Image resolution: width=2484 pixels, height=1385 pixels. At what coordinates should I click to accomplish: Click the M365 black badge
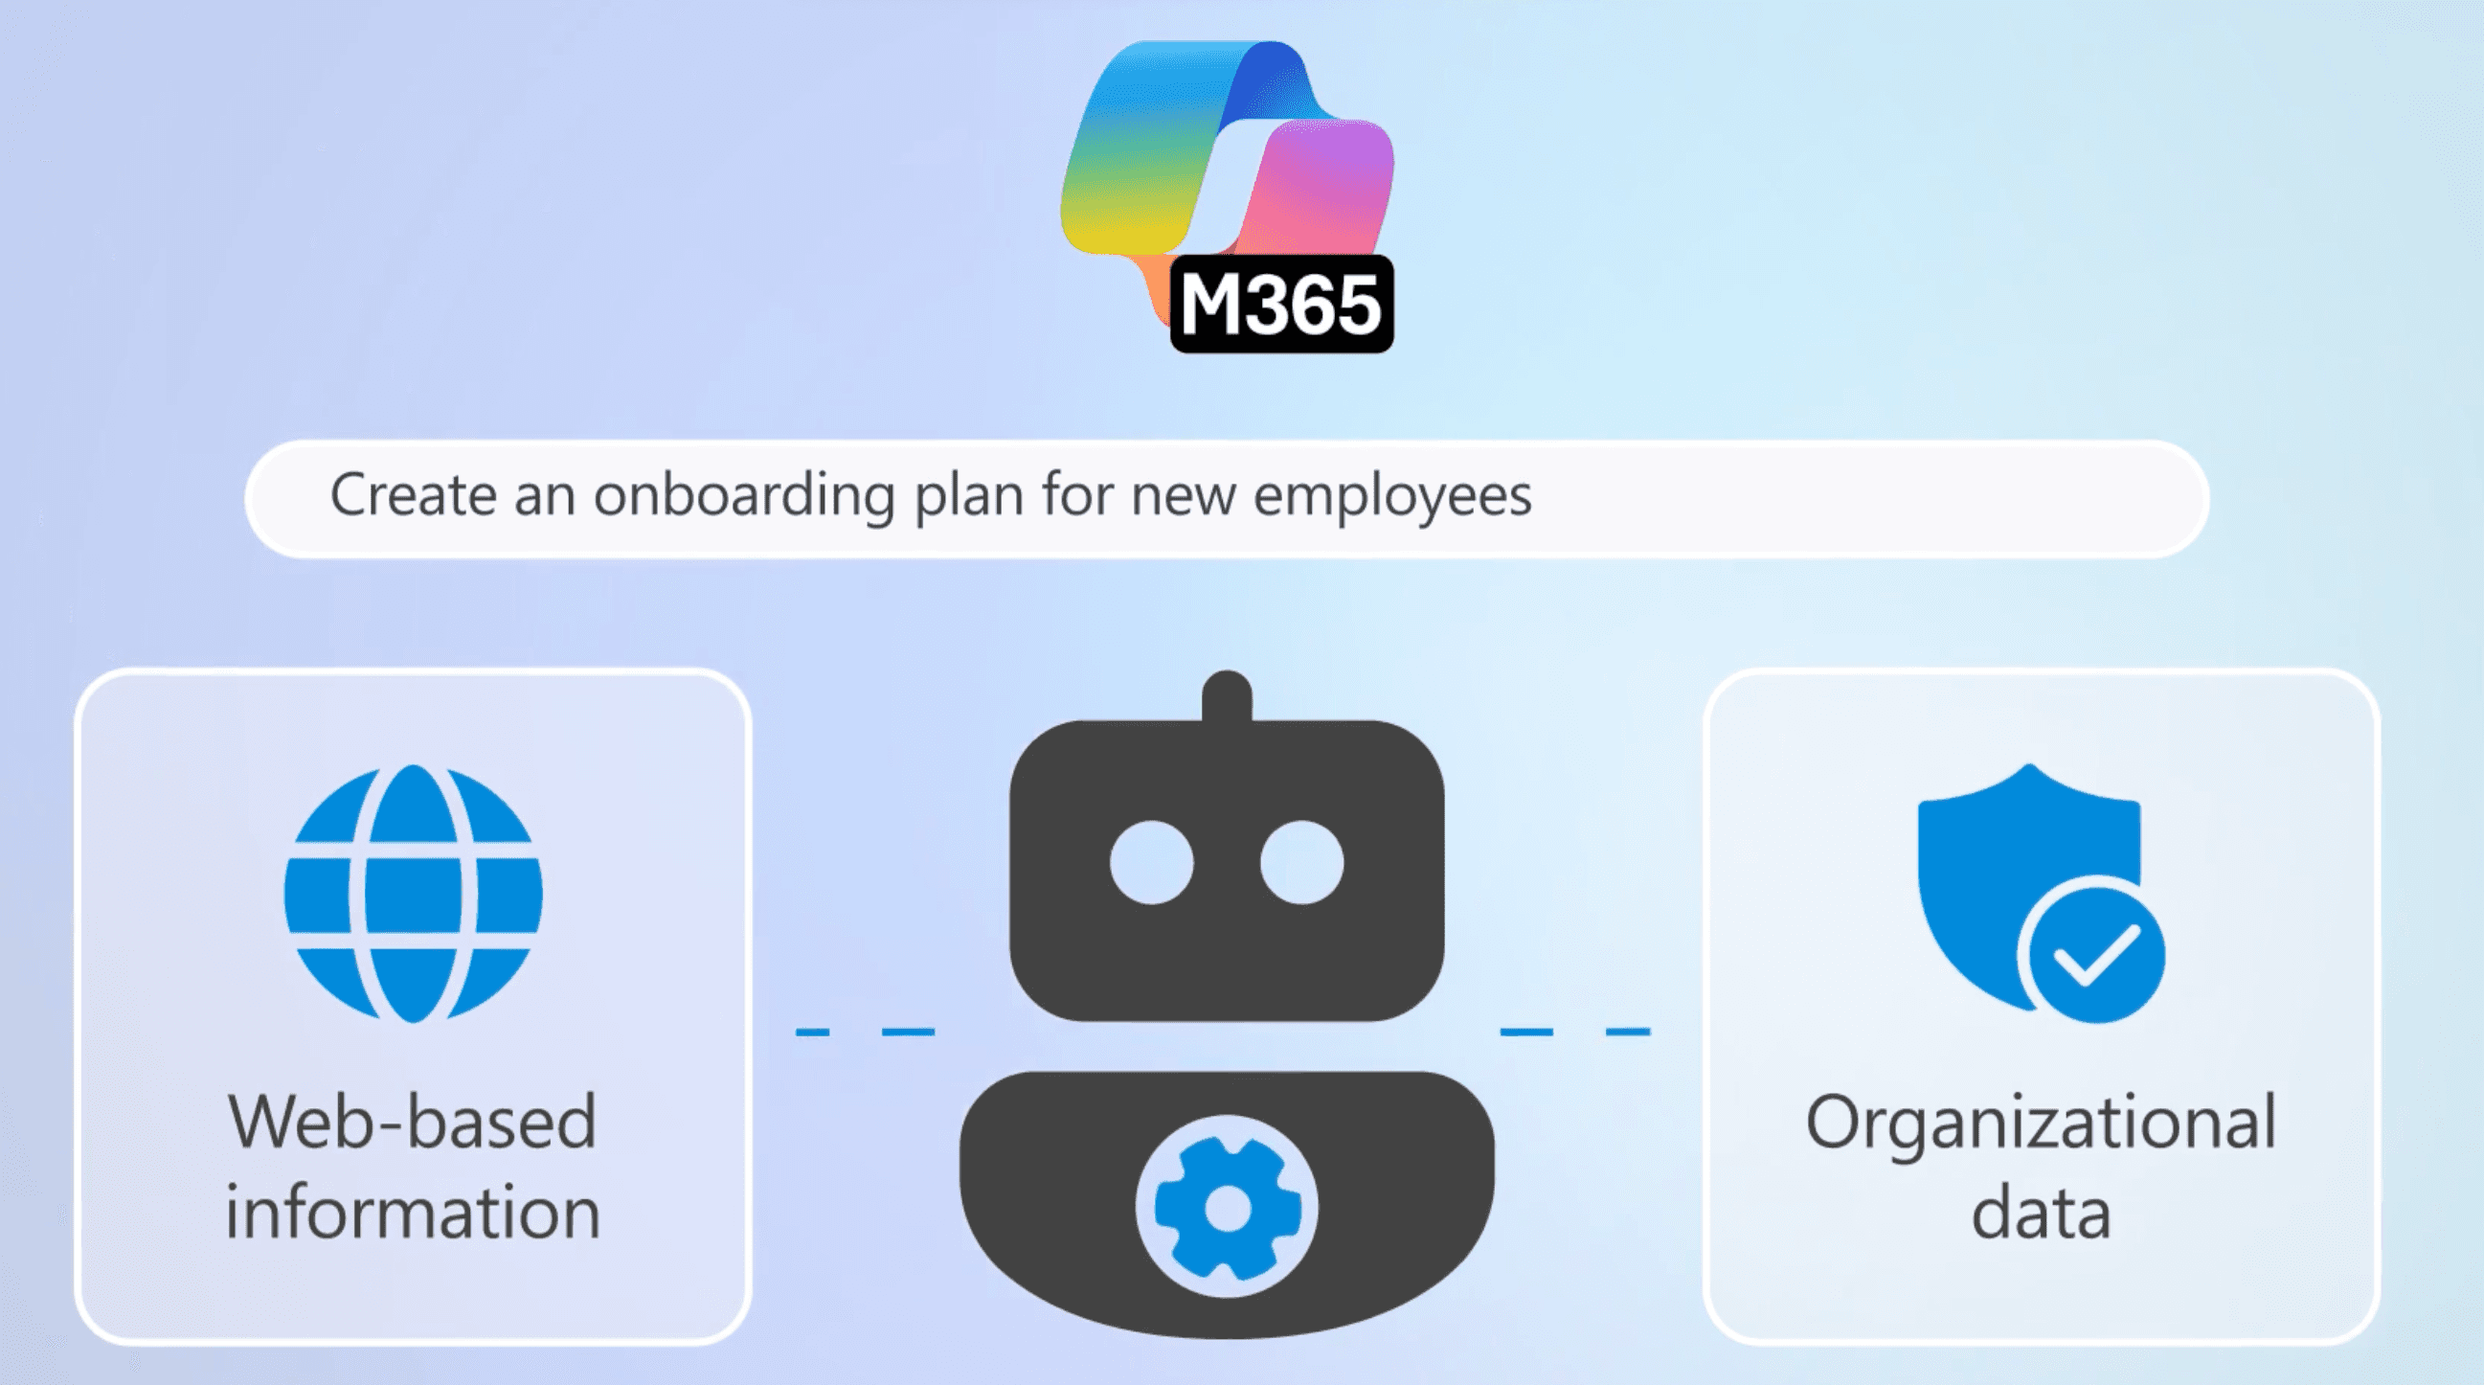(x=1280, y=305)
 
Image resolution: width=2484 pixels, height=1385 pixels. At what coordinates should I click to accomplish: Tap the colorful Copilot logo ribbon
(x=1147, y=164)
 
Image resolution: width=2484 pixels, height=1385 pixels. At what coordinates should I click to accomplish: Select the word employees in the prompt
(x=1391, y=497)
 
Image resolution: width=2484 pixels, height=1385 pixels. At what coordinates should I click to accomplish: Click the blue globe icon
(x=413, y=893)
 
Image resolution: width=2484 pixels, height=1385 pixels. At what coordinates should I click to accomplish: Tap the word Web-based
(x=413, y=1123)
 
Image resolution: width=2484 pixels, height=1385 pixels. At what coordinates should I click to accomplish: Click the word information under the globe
(x=413, y=1213)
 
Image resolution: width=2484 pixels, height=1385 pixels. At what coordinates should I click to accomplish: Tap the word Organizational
(x=2041, y=1124)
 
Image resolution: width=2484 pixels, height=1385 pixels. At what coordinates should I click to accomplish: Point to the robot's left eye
(x=1151, y=862)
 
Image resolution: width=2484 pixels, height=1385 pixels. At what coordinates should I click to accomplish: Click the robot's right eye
(x=1301, y=862)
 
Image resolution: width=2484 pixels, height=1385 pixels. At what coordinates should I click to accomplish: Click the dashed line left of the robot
(x=865, y=1032)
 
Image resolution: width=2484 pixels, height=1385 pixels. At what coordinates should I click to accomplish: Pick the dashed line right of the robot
(x=1574, y=1032)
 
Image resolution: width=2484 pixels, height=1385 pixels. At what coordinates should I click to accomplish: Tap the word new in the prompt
(x=1183, y=497)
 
